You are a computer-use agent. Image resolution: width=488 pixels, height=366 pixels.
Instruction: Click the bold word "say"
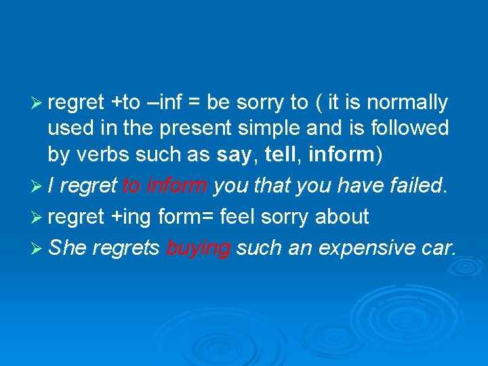coord(233,155)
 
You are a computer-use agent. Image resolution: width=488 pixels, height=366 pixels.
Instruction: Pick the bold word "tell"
coord(280,155)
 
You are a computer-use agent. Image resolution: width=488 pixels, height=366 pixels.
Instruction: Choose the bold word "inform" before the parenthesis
coord(341,155)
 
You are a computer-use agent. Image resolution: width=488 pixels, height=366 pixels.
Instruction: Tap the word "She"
coord(67,247)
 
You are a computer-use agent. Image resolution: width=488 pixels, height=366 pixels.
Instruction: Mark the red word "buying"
coord(198,249)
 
